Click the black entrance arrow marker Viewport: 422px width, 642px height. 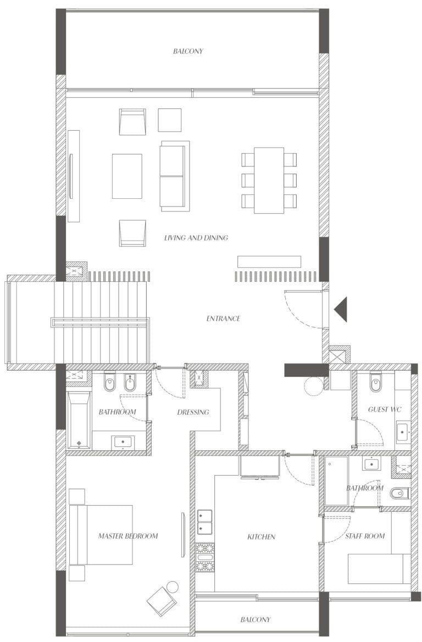[342, 309]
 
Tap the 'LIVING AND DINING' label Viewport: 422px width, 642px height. [196, 237]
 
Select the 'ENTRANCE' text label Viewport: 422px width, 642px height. [223, 319]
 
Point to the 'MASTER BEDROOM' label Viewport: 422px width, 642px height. [128, 535]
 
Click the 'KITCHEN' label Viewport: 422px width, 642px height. [262, 537]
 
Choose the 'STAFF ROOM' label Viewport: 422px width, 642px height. [365, 536]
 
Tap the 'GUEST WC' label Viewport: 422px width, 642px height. [385, 409]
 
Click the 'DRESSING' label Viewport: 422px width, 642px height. [193, 412]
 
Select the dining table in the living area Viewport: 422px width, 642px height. [269, 180]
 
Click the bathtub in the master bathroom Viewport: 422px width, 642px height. [79, 420]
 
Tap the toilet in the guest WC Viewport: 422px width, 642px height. [376, 382]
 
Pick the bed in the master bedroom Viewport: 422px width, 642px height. [101, 535]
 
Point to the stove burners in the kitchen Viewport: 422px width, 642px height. [205, 557]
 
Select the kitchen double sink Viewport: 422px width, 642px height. [205, 522]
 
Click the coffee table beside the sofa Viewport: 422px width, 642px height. [127, 176]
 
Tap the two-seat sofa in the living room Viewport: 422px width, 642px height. [175, 176]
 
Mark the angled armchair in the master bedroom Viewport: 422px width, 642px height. [162, 601]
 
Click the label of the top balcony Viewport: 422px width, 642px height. [188, 51]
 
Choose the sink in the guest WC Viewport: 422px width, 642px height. [403, 432]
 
